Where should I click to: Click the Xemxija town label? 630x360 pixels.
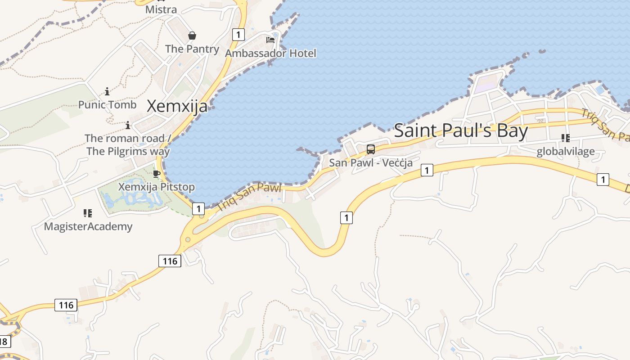click(177, 106)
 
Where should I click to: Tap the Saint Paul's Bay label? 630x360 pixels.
click(461, 130)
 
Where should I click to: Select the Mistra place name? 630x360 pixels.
click(161, 9)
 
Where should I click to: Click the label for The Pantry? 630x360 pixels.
click(192, 49)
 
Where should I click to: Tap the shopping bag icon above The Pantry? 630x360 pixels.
click(192, 36)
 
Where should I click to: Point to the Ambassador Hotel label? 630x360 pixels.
click(270, 53)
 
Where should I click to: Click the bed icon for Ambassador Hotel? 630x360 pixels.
click(270, 40)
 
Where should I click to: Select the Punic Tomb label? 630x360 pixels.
click(107, 105)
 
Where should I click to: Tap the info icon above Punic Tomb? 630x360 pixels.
click(107, 92)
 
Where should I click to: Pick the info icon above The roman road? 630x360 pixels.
click(128, 125)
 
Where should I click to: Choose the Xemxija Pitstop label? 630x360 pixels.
click(157, 187)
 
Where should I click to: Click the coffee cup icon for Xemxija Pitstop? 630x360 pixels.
click(157, 174)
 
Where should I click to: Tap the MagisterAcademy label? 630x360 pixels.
click(88, 226)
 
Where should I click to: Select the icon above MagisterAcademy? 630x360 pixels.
click(88, 213)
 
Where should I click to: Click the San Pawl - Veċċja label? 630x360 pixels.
click(371, 162)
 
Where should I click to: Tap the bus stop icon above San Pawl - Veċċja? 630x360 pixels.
click(371, 149)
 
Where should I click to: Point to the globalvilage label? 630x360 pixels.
click(566, 151)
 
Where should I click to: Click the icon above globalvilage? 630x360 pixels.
click(566, 138)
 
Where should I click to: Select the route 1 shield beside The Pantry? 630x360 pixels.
click(238, 34)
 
